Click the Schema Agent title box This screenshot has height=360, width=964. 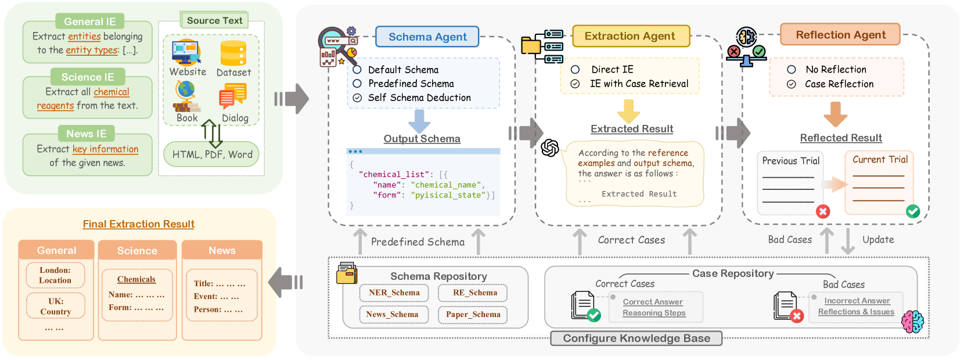(427, 37)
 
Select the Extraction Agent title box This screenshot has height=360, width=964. (630, 36)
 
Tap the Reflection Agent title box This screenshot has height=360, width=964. (840, 35)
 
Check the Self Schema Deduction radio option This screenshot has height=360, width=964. (358, 98)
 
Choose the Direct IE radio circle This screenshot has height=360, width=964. (575, 70)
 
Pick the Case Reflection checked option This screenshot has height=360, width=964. (791, 84)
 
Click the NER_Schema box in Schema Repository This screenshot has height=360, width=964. (394, 293)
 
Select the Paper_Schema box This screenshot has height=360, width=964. (473, 314)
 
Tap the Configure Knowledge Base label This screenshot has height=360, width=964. (636, 339)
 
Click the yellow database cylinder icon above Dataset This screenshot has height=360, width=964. (233, 53)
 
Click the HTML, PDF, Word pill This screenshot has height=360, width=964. (212, 154)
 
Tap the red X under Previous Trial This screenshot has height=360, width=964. (823, 211)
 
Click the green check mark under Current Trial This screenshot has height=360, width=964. (913, 211)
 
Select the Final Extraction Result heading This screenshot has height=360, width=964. (138, 224)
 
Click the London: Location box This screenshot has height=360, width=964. (55, 275)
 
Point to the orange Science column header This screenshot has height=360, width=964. (137, 251)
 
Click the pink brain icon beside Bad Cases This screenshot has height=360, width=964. (912, 321)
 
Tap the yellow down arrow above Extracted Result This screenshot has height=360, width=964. (628, 111)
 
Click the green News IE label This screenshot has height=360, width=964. (86, 134)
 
